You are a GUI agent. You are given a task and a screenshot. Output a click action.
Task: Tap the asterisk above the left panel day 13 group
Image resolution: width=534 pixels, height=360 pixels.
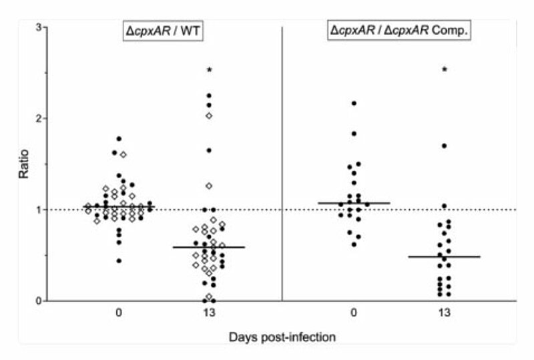click(209, 70)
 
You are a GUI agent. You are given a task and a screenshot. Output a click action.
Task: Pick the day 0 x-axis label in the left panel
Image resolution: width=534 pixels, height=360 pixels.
click(119, 313)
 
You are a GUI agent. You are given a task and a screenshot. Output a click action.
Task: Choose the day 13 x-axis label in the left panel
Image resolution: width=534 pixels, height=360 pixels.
click(209, 313)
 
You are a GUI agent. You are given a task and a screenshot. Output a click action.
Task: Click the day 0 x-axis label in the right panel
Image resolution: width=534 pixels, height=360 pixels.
click(354, 313)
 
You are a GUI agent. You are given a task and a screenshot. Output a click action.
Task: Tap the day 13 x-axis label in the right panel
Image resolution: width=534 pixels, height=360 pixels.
click(445, 313)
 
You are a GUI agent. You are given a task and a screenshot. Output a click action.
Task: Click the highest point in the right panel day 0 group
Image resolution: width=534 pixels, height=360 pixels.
click(354, 103)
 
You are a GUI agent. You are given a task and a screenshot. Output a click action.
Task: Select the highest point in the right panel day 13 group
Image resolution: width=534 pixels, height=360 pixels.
click(445, 146)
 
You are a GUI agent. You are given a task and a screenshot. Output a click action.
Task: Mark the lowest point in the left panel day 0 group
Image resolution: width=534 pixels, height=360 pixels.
click(119, 260)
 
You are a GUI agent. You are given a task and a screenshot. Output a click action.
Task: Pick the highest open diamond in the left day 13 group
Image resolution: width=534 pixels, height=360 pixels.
click(209, 116)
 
